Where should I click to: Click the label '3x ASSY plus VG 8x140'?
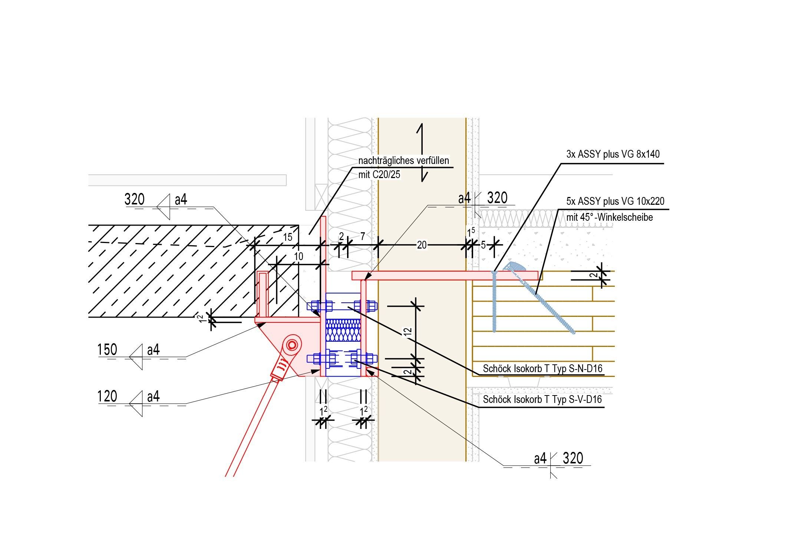point(613,154)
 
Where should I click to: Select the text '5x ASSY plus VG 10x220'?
point(615,201)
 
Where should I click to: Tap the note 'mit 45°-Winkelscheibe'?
point(610,217)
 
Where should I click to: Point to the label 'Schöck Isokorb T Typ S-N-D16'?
point(542,369)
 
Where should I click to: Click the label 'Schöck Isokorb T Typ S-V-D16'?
point(542,400)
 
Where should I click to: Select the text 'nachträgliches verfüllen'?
point(403,161)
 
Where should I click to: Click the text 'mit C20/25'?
point(379,175)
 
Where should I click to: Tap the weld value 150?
point(107,350)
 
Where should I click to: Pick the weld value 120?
point(107,397)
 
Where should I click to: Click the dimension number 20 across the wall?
point(422,245)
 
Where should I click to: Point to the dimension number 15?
point(288,237)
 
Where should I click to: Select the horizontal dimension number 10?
point(298,256)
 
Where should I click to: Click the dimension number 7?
point(362,236)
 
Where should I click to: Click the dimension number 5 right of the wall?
point(483,245)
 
